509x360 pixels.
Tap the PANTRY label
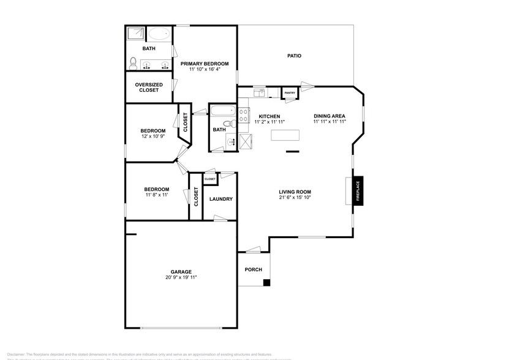point(290,93)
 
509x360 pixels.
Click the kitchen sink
point(259,93)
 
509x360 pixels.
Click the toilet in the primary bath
point(133,61)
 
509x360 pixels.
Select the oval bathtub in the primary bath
point(160,34)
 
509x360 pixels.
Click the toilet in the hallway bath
point(227,124)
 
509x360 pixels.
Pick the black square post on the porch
point(266,282)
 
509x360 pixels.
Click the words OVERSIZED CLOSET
point(149,88)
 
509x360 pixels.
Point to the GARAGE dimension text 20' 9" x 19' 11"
point(181,277)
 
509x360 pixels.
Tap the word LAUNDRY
point(221,199)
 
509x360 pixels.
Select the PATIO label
point(294,56)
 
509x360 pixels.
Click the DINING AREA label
point(330,116)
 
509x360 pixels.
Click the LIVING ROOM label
point(295,192)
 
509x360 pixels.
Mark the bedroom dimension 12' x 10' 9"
point(153,136)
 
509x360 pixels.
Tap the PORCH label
point(254,269)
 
